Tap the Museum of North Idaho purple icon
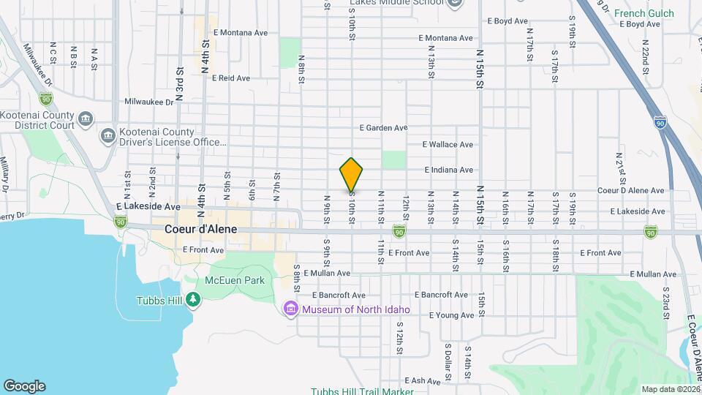(291, 309)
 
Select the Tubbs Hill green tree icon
(192, 298)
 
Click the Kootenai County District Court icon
(86, 118)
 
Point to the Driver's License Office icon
(109, 135)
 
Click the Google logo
(24, 386)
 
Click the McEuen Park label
(235, 280)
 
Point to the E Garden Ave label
(383, 127)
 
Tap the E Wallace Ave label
(448, 145)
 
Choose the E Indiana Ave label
(448, 170)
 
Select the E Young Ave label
(451, 315)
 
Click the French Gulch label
(639, 13)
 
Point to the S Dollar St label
(447, 356)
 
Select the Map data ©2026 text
(670, 389)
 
